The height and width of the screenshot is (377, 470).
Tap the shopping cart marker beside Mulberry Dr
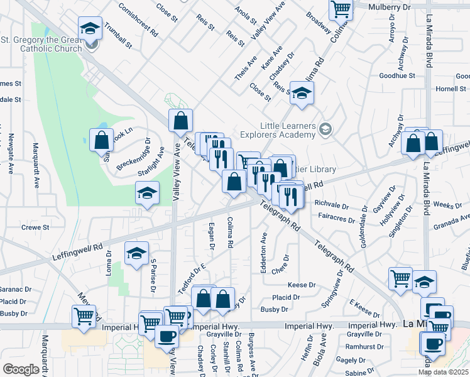click(x=340, y=9)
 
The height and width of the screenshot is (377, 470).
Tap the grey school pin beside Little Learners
click(x=325, y=129)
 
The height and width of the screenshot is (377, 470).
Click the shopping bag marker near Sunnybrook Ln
click(x=101, y=140)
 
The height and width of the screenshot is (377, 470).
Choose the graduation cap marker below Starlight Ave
click(x=147, y=193)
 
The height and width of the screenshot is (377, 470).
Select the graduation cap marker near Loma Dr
click(x=136, y=253)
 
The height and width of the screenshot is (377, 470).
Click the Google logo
click(x=21, y=369)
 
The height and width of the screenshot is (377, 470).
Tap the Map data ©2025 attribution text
click(x=443, y=372)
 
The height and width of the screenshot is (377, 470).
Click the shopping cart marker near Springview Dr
click(x=400, y=278)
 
